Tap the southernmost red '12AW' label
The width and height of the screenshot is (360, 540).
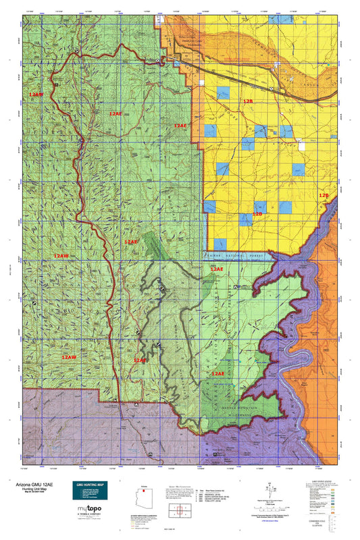(x=68, y=356)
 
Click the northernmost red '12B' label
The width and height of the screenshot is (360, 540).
(x=247, y=101)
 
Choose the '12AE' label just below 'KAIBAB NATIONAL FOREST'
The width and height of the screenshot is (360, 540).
(x=216, y=269)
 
